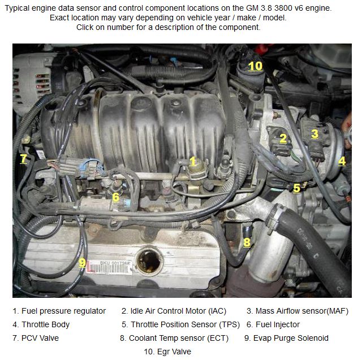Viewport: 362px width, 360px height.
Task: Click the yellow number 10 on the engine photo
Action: point(255,66)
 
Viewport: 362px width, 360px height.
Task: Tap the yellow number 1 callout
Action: point(192,161)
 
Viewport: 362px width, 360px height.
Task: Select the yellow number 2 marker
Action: point(283,138)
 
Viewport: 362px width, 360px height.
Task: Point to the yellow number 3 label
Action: point(314,134)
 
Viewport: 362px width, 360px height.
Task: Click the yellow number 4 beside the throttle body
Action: point(342,161)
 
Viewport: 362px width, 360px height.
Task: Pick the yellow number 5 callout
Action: point(296,188)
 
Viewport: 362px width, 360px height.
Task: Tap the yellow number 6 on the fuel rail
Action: point(115,197)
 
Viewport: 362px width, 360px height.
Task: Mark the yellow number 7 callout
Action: point(24,159)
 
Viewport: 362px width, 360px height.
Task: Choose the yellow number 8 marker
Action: point(247,242)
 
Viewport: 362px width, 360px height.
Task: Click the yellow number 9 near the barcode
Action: point(82,263)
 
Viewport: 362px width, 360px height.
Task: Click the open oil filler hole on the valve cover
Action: point(149,261)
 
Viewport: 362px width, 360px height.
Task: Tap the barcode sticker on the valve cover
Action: point(109,267)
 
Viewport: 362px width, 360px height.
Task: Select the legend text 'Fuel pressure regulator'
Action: point(63,311)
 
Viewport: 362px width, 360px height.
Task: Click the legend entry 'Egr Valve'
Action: point(174,352)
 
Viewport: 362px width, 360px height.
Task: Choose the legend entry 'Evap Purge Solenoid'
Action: point(291,338)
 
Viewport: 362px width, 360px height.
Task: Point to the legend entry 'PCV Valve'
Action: point(40,338)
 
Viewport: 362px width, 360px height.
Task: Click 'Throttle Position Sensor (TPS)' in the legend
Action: point(186,324)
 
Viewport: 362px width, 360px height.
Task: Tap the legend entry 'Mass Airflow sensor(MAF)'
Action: point(302,311)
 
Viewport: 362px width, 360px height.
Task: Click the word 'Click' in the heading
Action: point(85,27)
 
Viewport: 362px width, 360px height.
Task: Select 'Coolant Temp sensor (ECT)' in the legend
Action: point(179,338)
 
